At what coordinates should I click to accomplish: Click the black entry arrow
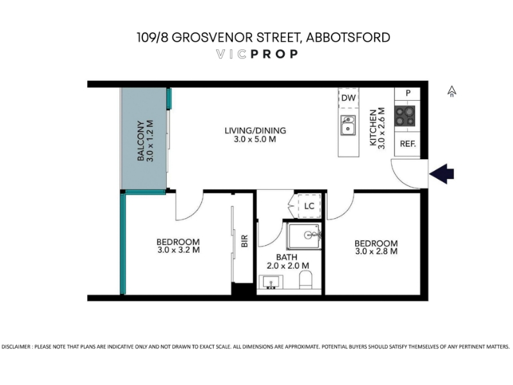442,174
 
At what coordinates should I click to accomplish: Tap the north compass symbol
452,91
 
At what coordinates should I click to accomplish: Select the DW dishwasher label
348,98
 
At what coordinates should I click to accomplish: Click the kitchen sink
348,125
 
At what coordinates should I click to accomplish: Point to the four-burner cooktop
405,116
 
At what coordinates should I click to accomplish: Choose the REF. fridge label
408,144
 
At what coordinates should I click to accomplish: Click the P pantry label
408,93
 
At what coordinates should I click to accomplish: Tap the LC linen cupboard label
309,206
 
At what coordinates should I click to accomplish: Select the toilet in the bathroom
305,279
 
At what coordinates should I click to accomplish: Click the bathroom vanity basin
271,282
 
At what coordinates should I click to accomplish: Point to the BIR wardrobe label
244,241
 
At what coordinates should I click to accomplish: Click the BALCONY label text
140,141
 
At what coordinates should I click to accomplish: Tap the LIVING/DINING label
255,131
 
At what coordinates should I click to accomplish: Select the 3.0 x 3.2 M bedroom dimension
178,250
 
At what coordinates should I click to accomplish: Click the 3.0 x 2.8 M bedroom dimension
376,252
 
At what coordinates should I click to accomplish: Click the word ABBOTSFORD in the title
348,37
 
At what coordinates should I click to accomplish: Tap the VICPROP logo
257,54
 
